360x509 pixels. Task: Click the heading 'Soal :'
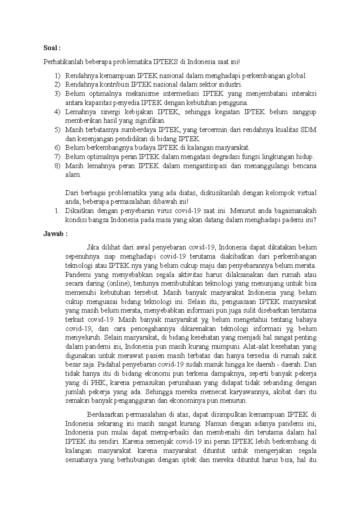[52, 48]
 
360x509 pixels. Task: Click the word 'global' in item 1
[297, 76]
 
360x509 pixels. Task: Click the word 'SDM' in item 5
[309, 130]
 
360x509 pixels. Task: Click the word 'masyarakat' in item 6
[235, 148]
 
